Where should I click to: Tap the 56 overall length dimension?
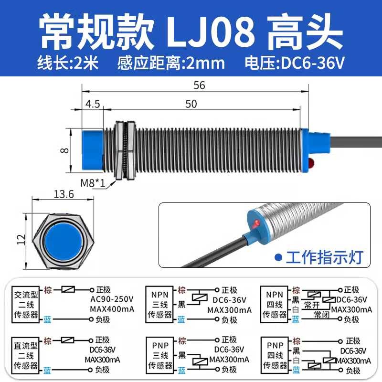click(x=199, y=85)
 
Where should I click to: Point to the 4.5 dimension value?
click(x=93, y=104)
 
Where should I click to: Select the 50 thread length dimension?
click(x=191, y=104)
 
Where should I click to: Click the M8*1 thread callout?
click(x=93, y=183)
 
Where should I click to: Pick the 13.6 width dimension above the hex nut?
click(x=64, y=194)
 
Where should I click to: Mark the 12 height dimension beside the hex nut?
click(x=21, y=240)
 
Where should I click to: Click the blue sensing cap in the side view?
click(x=93, y=150)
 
